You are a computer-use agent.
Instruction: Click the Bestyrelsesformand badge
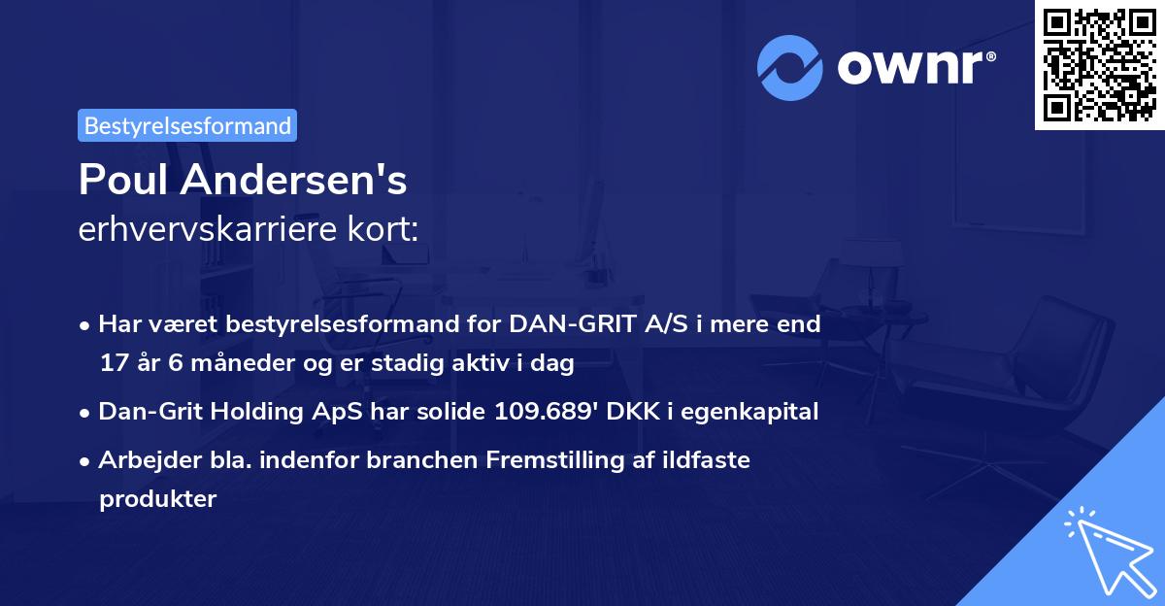pos(187,125)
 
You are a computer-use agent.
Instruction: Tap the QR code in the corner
pos(1099,64)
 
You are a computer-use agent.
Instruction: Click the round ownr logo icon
pos(789,67)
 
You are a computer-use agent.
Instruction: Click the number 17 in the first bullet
pos(112,364)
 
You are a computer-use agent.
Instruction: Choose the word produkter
pos(156,499)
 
